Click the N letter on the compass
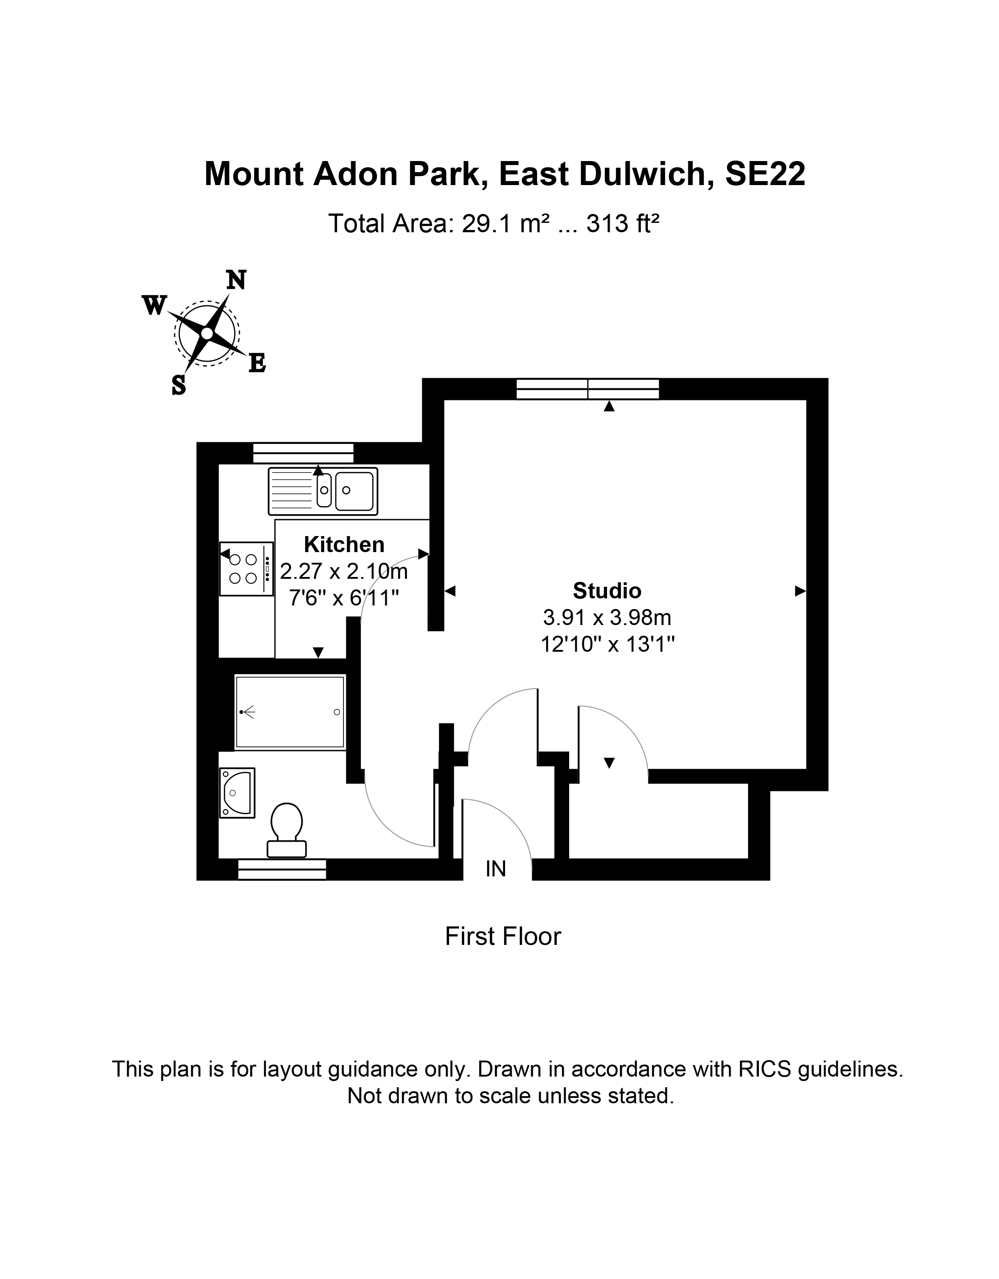(236, 281)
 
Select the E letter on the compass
(257, 363)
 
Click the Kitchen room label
(344, 545)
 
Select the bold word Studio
(607, 591)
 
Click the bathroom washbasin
(237, 793)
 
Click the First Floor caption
(503, 936)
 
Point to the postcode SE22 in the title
(765, 174)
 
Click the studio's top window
(588, 389)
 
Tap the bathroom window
(282, 870)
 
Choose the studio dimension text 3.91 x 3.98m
(607, 617)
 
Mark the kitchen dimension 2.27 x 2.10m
(344, 570)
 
